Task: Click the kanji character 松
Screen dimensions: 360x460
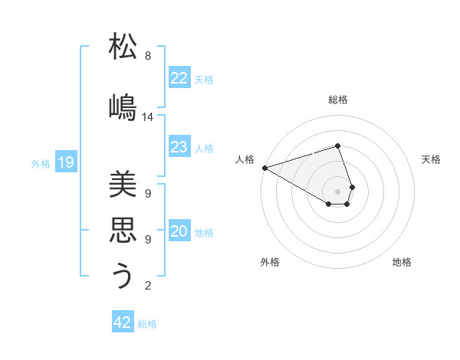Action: [123, 47]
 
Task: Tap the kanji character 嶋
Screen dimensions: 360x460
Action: [123, 106]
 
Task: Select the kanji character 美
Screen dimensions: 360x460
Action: [123, 185]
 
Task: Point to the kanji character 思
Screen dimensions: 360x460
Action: [123, 230]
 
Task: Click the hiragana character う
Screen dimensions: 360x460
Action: [123, 276]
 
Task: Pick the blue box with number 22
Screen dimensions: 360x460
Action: [179, 78]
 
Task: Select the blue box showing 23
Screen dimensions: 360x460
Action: [179, 147]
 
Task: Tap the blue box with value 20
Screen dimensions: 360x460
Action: [179, 232]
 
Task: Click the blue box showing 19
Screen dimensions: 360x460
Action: [65, 162]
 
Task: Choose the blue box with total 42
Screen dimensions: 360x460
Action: [123, 322]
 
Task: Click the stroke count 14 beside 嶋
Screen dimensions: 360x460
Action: [148, 117]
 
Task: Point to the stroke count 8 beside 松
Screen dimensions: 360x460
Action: [148, 56]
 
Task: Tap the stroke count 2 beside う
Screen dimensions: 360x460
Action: [148, 286]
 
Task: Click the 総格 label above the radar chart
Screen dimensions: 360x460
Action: [337, 100]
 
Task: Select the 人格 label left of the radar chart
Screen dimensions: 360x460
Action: [245, 159]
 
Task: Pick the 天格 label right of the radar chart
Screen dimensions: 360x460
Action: [431, 159]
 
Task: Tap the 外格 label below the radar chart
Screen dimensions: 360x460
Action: [270, 262]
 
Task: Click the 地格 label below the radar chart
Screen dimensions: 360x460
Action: [402, 262]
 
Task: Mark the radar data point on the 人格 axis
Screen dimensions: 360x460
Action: [264, 168]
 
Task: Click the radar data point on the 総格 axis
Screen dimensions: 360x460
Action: [337, 146]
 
